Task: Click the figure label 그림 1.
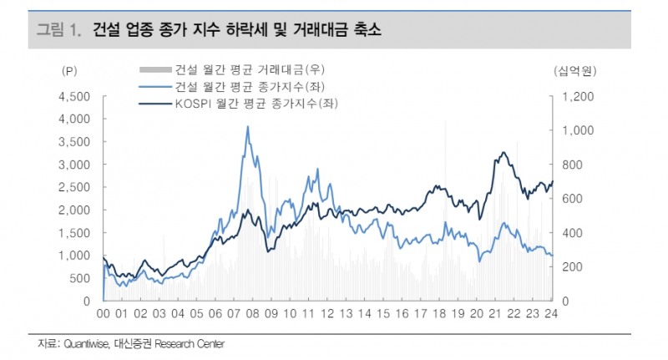(58, 31)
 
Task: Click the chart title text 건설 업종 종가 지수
(158, 31)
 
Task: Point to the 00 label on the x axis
(104, 315)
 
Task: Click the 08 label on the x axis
(252, 315)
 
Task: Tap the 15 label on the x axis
(383, 315)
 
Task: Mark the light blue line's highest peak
(248, 127)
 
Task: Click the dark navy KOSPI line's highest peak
(504, 152)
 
